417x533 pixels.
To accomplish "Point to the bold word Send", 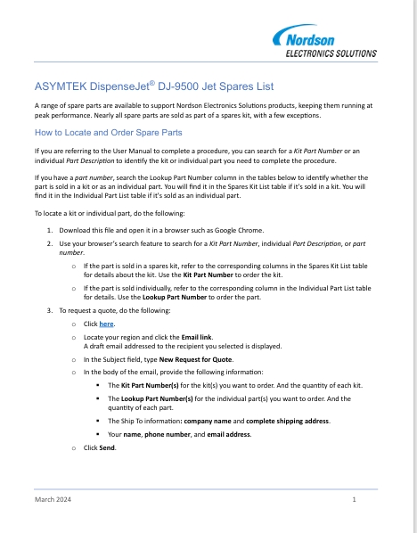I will (107, 446).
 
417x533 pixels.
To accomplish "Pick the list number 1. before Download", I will (49, 228).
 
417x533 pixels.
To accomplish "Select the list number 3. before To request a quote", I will (49, 310).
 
